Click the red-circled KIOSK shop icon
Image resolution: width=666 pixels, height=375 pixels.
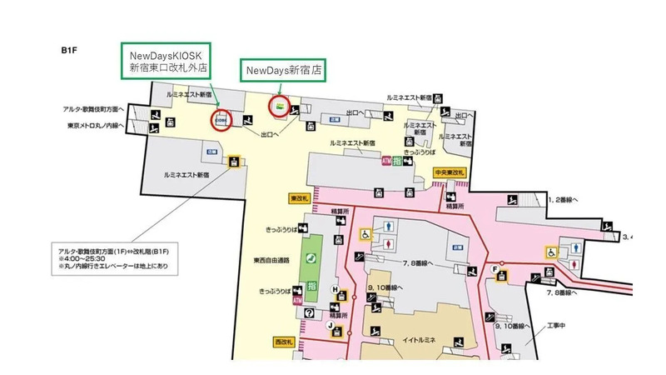click(221, 119)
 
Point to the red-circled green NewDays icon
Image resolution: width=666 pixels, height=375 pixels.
click(280, 106)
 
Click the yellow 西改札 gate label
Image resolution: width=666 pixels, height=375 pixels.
click(285, 342)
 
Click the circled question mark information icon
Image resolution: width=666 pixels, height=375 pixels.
click(309, 312)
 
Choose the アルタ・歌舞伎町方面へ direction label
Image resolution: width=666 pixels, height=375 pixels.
click(92, 108)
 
